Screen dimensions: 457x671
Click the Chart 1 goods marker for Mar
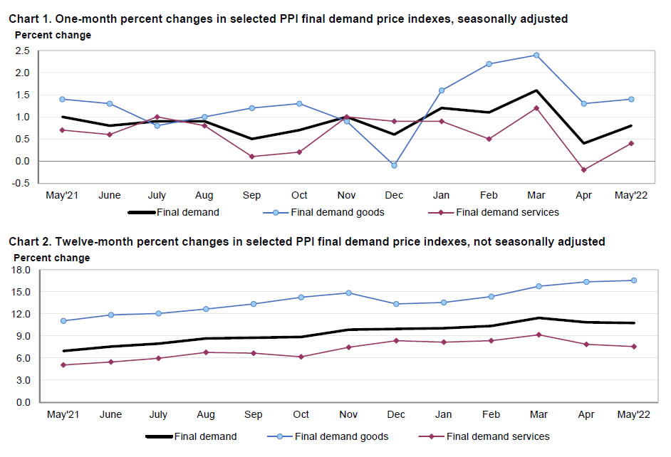tap(536, 55)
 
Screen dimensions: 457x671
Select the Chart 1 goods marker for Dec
tap(394, 165)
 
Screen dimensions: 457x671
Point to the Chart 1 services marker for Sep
tap(252, 156)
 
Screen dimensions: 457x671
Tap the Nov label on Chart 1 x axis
tap(347, 196)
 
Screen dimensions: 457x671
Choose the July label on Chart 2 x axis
tap(158, 414)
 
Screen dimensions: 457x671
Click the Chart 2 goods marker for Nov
tap(347, 293)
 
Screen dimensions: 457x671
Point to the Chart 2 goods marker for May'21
tap(63, 320)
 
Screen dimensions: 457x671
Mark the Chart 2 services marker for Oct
tap(300, 357)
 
